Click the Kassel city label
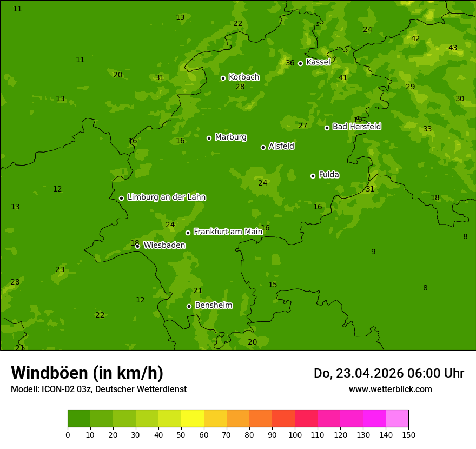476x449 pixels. pos(318,62)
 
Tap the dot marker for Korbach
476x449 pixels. pos(223,78)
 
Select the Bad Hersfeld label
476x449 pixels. pos(356,127)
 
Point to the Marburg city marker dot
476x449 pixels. pos(209,138)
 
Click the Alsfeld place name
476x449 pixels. pos(281,146)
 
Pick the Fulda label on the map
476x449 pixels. pos(329,175)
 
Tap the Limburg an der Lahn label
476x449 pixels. pos(166,197)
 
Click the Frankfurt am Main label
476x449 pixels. pos(228,232)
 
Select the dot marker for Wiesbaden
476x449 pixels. pos(137,246)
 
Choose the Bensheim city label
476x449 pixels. pos(213,305)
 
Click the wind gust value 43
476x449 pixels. pos(453,48)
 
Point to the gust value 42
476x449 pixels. pos(415,38)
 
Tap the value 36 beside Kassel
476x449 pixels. pos(290,63)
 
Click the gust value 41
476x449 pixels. pos(343,77)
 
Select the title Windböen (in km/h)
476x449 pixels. pos(87,373)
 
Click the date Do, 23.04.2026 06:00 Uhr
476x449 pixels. pos(388,373)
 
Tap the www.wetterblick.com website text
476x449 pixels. pos(390,389)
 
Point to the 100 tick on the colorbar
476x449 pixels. pos(295,434)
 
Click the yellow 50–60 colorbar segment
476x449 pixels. pos(193,419)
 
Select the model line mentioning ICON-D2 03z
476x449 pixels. pos(98,389)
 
